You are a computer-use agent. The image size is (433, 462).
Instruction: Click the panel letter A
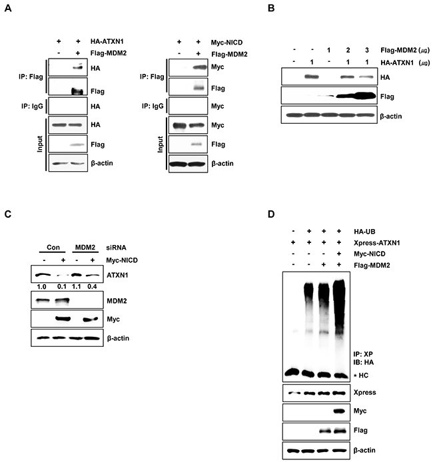(8, 8)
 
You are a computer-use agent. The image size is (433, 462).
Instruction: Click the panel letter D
(271, 214)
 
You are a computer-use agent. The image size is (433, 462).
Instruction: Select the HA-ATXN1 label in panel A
(107, 41)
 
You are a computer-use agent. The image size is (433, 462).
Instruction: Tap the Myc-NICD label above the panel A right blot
(226, 43)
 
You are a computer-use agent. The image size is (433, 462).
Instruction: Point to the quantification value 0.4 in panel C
(92, 286)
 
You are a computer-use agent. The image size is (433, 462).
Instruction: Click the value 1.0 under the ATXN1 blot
(41, 286)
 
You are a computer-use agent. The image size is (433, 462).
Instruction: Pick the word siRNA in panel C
(116, 248)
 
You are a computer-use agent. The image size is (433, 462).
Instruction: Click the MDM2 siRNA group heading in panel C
(85, 247)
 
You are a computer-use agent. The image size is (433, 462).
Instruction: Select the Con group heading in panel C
(53, 247)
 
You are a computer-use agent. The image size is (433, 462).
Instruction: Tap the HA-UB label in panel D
(364, 232)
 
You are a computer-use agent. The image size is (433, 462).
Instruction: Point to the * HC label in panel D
(361, 375)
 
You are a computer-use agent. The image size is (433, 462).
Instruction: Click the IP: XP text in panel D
(363, 354)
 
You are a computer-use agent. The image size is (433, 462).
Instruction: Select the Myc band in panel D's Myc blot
(338, 411)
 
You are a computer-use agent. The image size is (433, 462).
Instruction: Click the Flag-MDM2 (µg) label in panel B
(405, 51)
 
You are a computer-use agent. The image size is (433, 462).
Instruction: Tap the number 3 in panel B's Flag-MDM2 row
(366, 51)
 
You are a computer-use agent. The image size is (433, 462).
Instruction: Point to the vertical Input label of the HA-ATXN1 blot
(40, 144)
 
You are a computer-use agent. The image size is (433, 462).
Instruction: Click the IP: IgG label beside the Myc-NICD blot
(153, 106)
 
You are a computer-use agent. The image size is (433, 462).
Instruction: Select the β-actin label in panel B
(391, 116)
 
